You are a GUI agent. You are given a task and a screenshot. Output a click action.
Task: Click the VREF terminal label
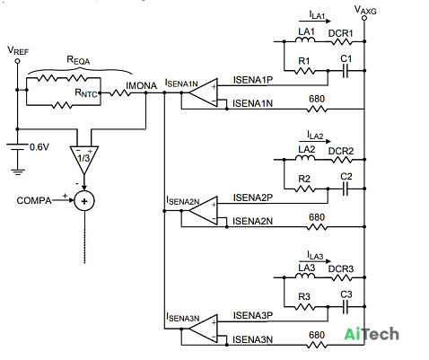(x=18, y=50)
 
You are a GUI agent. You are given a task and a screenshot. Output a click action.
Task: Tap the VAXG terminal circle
(x=364, y=18)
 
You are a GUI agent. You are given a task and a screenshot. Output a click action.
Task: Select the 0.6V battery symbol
(x=17, y=147)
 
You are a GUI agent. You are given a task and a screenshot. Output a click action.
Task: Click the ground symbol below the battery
(x=18, y=171)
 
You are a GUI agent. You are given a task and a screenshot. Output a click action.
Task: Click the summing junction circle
(x=84, y=201)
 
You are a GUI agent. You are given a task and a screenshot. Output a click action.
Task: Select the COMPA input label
(x=34, y=200)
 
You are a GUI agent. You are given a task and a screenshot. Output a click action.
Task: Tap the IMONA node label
(x=141, y=86)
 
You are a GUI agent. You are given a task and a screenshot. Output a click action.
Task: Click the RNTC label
(x=86, y=93)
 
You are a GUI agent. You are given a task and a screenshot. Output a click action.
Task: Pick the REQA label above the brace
(x=78, y=60)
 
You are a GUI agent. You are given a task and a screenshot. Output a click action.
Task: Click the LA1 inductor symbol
(x=305, y=40)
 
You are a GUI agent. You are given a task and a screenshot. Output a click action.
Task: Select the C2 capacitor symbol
(x=346, y=189)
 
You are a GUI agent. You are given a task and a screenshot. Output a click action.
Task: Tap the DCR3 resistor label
(x=341, y=268)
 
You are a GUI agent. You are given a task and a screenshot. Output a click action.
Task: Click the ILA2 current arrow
(x=315, y=141)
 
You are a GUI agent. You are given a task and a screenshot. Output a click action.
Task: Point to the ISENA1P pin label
(x=253, y=80)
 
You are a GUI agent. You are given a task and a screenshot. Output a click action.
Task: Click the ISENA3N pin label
(x=253, y=339)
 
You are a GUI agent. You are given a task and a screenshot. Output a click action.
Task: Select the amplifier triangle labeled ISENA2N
(x=203, y=211)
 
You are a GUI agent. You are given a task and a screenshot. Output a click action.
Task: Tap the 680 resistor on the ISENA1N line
(x=317, y=110)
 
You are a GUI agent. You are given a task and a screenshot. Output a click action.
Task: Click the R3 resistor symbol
(x=304, y=307)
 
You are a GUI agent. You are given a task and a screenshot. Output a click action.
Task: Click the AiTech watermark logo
(x=372, y=334)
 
